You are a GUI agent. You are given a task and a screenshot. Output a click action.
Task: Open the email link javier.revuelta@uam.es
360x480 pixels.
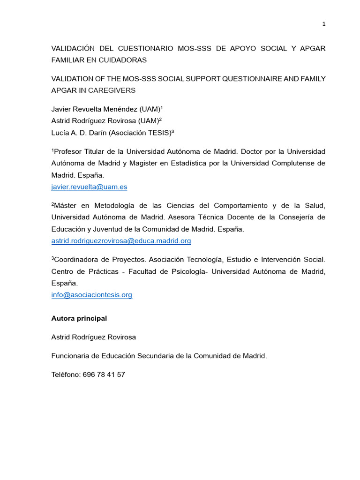89,187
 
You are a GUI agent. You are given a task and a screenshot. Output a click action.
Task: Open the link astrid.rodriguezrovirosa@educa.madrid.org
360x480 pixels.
121,241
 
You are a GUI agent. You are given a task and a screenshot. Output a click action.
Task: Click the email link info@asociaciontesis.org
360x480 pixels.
91,295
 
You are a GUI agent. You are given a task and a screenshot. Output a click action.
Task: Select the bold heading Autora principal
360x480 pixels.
79,318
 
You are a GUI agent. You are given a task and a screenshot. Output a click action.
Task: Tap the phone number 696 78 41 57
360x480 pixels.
104,375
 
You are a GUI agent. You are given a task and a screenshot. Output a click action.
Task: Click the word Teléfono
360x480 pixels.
66,375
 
